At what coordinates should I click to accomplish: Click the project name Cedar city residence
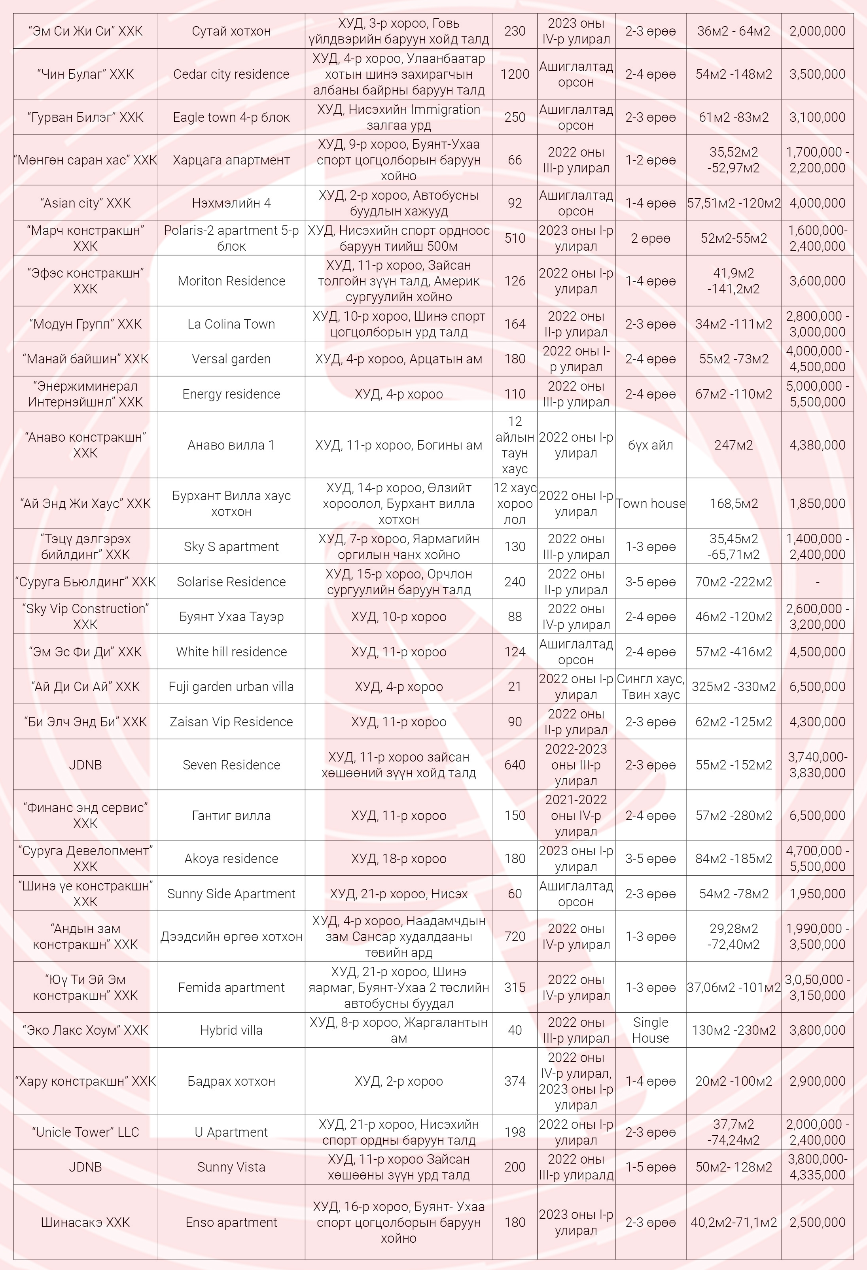[x=231, y=74]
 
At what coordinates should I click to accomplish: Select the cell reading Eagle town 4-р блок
[x=231, y=117]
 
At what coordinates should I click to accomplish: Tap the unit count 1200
[x=515, y=74]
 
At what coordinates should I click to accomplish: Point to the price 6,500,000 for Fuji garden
[x=817, y=687]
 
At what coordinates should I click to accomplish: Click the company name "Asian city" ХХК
[x=85, y=203]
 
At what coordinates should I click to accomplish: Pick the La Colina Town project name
[x=231, y=324]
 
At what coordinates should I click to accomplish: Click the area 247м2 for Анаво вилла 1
[x=734, y=445]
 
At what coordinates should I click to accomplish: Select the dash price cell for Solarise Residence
[x=817, y=582]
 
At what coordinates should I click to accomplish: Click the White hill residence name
[x=231, y=652]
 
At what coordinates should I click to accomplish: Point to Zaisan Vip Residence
[x=231, y=722]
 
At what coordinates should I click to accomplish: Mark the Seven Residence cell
[x=231, y=765]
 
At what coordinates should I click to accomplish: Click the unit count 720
[x=515, y=937]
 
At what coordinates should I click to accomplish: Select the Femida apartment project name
[x=231, y=987]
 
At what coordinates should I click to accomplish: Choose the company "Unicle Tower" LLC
[x=85, y=1132]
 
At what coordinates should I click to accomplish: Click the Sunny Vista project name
[x=231, y=1167]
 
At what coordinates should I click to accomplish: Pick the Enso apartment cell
[x=231, y=1223]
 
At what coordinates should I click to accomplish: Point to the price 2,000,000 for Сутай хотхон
[x=817, y=31]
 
